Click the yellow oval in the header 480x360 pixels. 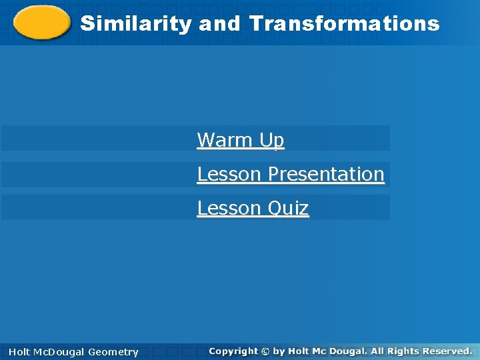click(x=41, y=23)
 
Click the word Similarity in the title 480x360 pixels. click(x=135, y=24)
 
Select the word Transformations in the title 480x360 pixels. click(x=345, y=24)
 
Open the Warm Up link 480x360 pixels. click(x=241, y=140)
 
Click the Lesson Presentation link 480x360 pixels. click(x=291, y=174)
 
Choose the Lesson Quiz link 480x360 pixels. click(x=253, y=208)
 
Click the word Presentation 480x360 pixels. click(x=325, y=174)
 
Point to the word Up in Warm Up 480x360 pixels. click(x=272, y=140)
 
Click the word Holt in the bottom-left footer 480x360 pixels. click(x=19, y=352)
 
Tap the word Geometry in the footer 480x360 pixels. click(x=113, y=352)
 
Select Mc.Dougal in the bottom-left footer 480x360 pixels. click(x=59, y=352)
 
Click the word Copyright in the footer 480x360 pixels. click(x=233, y=351)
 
